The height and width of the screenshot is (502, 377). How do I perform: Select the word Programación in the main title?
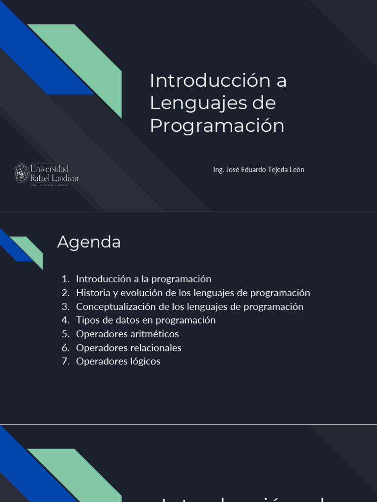pyautogui.click(x=217, y=125)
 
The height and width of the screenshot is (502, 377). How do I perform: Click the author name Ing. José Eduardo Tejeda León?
pyautogui.click(x=259, y=170)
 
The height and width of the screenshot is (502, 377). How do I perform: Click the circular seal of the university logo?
pyautogui.click(x=22, y=174)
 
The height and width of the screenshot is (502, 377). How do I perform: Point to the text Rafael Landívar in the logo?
pyautogui.click(x=54, y=178)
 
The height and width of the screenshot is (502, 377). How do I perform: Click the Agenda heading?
pyautogui.click(x=89, y=242)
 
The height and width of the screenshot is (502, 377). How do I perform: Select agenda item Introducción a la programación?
pyautogui.click(x=143, y=279)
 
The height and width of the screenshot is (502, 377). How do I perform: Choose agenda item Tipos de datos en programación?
pyautogui.click(x=146, y=320)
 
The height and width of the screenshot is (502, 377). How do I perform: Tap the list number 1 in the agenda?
pyautogui.click(x=65, y=279)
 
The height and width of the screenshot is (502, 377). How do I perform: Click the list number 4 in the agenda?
pyautogui.click(x=65, y=320)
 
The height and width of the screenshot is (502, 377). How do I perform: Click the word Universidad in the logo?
pyautogui.click(x=50, y=169)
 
